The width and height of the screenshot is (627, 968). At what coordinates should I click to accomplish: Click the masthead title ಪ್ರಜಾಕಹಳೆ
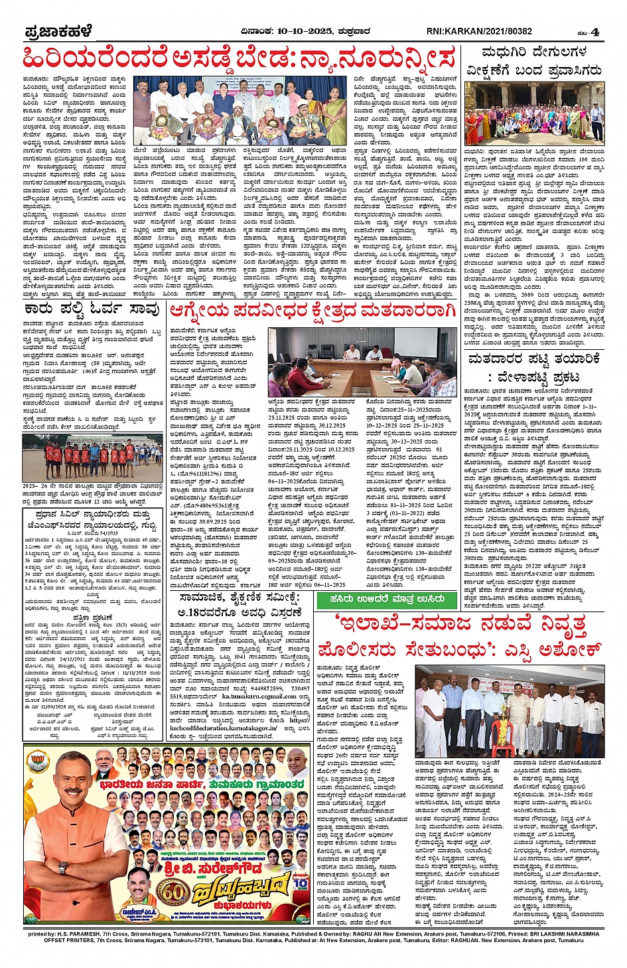[x=58, y=31]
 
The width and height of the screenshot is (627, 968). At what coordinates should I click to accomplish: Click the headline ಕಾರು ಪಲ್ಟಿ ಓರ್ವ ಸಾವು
[x=92, y=310]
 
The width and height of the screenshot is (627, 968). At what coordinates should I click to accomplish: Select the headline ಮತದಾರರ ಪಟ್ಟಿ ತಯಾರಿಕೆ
[x=534, y=359]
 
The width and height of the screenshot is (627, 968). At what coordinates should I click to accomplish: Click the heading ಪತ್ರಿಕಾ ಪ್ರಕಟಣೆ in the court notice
[x=92, y=617]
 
